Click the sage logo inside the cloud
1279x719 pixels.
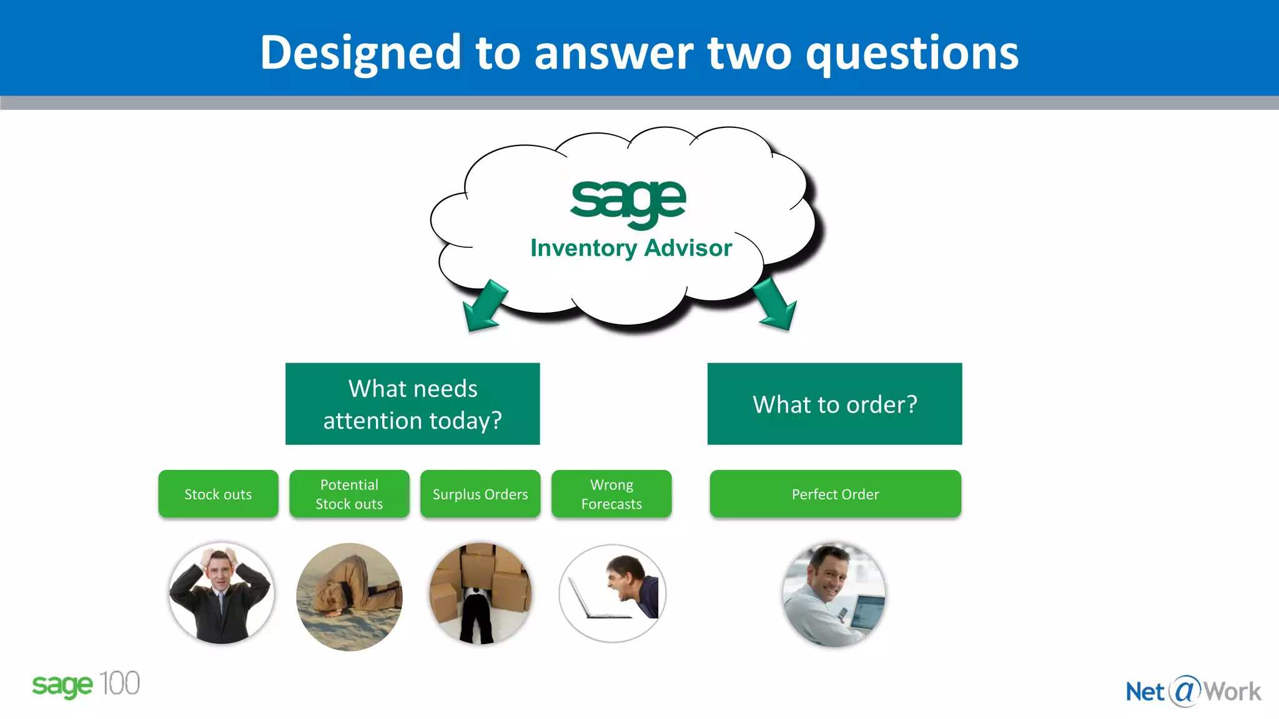point(628,201)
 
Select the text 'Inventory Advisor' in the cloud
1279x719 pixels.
point(631,248)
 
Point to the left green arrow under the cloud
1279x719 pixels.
point(483,306)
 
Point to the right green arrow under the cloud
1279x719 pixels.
point(776,305)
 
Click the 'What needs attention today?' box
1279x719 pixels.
point(412,404)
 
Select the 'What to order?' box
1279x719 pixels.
point(834,404)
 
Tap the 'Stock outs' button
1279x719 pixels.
point(218,494)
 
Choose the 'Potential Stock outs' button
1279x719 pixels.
point(349,494)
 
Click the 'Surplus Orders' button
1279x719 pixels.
point(480,494)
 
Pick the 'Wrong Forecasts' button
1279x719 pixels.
point(611,494)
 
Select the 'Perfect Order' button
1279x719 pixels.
point(835,494)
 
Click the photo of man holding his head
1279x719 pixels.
point(221,593)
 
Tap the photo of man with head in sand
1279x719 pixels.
point(349,597)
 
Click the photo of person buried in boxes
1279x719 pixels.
point(480,593)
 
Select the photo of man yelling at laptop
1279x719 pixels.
point(613,593)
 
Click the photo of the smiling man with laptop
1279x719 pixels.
point(834,594)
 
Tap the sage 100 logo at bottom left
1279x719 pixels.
point(86,685)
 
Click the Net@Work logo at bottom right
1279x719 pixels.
point(1193,691)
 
